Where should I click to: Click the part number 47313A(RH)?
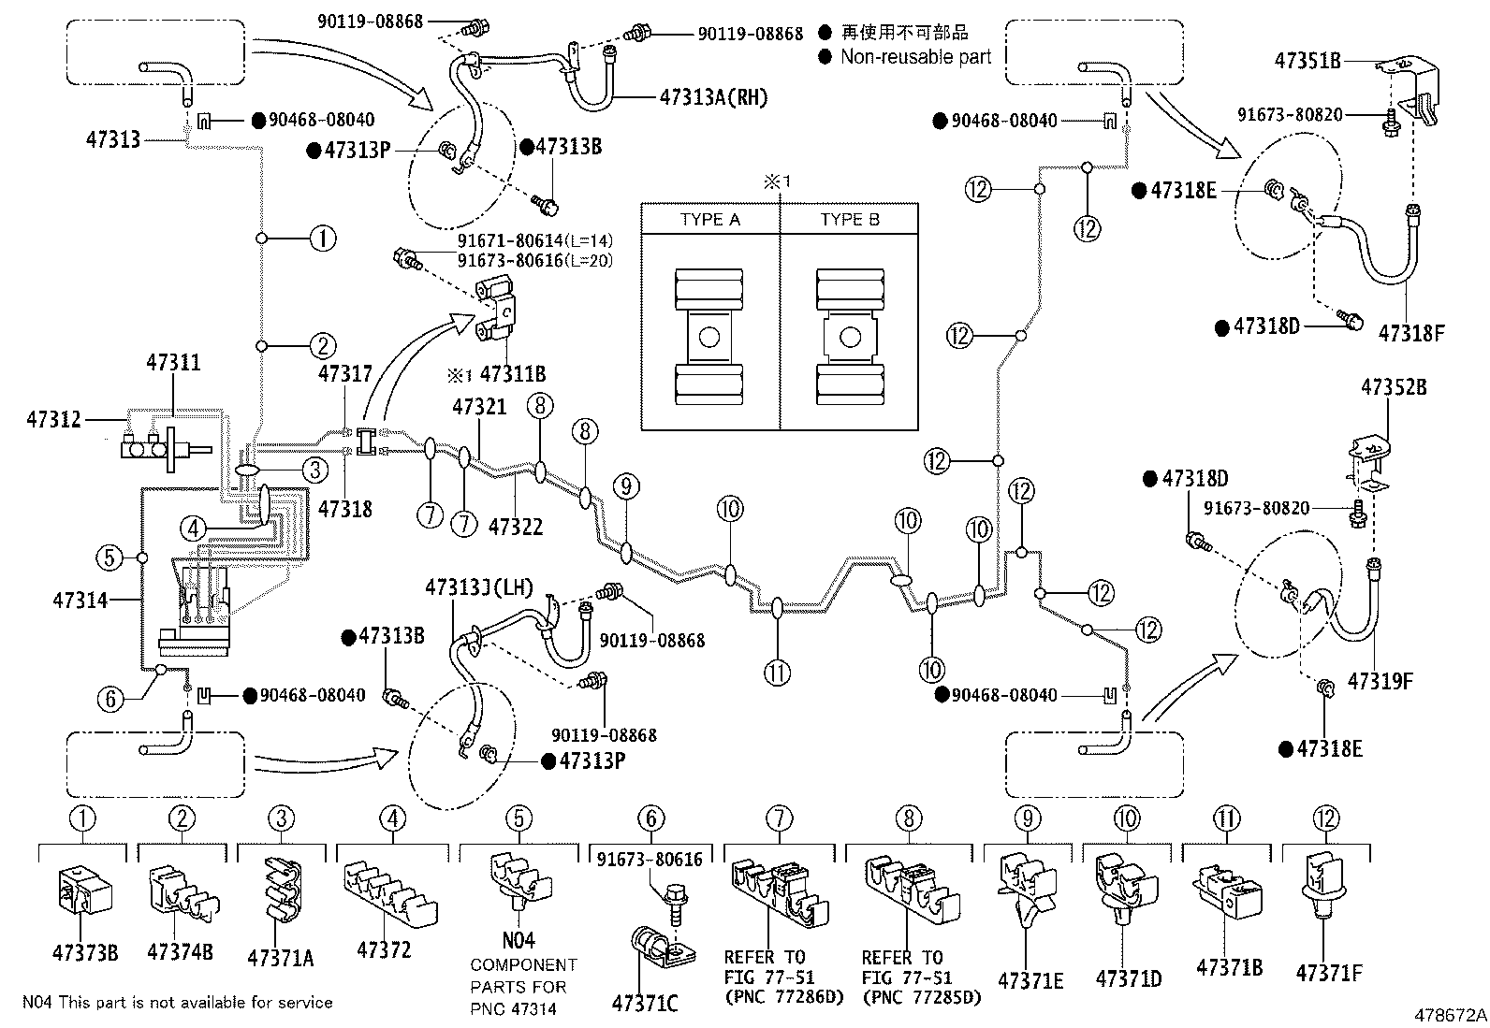pyautogui.click(x=713, y=96)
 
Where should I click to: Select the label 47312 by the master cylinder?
pyautogui.click(x=54, y=420)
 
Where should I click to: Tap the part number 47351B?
pyautogui.click(x=1307, y=61)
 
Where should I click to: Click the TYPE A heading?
pyautogui.click(x=709, y=220)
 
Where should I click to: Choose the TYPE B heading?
pyautogui.click(x=850, y=220)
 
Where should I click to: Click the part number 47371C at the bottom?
pyautogui.click(x=645, y=1004)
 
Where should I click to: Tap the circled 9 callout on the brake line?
pyautogui.click(x=627, y=486)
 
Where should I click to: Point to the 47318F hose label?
pyautogui.click(x=1411, y=332)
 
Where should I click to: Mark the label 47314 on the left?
pyautogui.click(x=80, y=600)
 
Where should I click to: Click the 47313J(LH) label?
pyautogui.click(x=478, y=587)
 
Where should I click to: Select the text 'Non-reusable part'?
pyautogui.click(x=915, y=57)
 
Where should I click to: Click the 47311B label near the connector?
pyautogui.click(x=512, y=375)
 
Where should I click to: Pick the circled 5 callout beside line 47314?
pyautogui.click(x=110, y=558)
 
